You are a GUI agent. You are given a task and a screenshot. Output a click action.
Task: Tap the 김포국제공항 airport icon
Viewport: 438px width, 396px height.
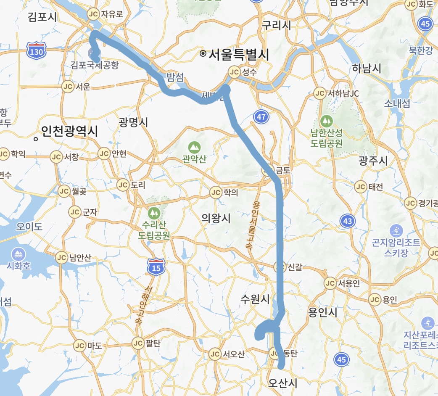pos(92,53)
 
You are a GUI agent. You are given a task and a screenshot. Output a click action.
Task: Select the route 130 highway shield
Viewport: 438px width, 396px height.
pos(35,50)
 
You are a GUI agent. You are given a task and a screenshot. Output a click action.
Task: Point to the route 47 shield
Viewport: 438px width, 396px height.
pos(261,116)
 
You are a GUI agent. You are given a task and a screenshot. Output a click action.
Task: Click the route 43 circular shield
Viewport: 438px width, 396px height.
pos(347,220)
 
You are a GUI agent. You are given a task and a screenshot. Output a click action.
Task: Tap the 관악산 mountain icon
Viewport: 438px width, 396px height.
pos(194,147)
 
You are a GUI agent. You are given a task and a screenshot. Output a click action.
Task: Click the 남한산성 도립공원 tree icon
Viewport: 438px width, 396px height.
pos(326,121)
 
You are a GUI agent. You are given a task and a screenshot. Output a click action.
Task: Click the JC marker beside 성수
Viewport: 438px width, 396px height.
pos(234,72)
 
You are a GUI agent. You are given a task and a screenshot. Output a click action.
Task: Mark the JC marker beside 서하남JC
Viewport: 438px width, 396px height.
pos(320,93)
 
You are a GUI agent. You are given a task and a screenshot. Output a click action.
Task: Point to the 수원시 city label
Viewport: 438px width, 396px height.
pos(255,299)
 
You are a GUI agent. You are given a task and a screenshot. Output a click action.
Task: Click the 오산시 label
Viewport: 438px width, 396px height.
pos(282,383)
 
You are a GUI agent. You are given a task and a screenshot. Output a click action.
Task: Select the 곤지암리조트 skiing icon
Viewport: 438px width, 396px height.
pos(396,231)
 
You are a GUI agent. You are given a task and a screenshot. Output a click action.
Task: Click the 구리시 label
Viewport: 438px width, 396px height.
pos(276,25)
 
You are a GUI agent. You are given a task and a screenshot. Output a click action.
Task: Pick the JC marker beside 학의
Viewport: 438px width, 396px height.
pos(216,193)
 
